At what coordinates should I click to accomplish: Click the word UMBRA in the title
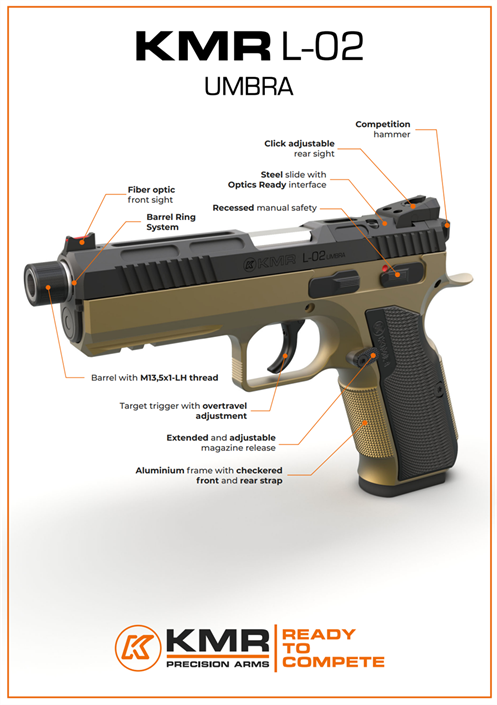(x=249, y=86)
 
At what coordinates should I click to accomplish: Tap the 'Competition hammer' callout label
(x=383, y=129)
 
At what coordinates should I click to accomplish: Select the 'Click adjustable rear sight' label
(x=300, y=148)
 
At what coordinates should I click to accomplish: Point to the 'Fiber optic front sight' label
(x=151, y=195)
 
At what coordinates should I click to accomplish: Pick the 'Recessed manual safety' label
(x=264, y=208)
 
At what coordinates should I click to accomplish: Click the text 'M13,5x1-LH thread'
(x=179, y=378)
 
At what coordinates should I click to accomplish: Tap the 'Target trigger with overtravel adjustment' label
(x=183, y=411)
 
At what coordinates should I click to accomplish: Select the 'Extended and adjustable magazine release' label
(x=221, y=442)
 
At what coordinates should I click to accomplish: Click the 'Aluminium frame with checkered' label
(x=209, y=470)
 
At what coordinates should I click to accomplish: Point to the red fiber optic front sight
(x=82, y=240)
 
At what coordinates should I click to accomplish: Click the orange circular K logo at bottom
(x=138, y=648)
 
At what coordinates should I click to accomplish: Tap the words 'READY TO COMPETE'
(x=333, y=648)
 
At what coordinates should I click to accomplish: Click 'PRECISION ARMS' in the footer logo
(x=218, y=664)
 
